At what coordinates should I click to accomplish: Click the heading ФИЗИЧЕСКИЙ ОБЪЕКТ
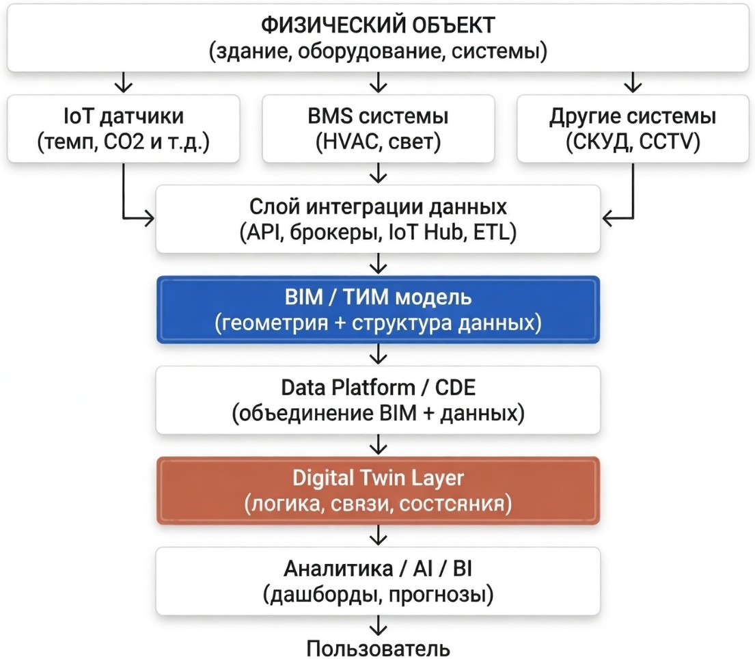click(378, 25)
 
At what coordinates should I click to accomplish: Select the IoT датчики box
click(124, 129)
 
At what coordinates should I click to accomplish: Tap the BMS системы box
click(378, 129)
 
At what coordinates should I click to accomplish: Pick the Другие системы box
click(633, 129)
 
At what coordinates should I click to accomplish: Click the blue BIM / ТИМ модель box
click(378, 309)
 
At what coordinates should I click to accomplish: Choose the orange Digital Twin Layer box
click(378, 490)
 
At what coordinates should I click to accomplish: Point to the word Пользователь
click(378, 647)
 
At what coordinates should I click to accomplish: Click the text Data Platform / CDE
click(378, 388)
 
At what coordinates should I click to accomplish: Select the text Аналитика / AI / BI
click(378, 569)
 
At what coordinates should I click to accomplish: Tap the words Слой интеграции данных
click(378, 207)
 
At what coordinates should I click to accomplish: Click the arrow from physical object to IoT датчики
click(124, 83)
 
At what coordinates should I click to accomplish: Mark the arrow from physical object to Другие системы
click(633, 83)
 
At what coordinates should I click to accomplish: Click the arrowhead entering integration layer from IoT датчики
click(149, 219)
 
